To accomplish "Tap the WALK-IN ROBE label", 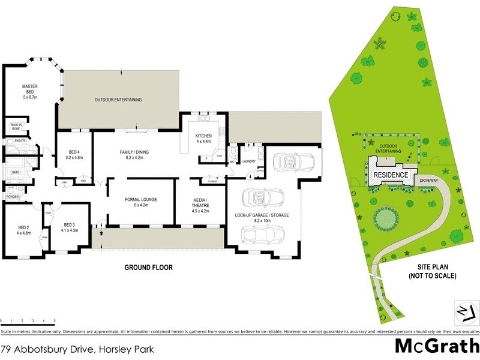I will click(16, 127).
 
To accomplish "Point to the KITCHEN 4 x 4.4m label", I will click(203, 139).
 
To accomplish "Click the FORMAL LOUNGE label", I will click(140, 202).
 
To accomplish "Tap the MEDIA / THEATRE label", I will click(200, 204).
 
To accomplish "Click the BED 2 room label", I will click(24, 230).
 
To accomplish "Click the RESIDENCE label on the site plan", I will click(391, 175).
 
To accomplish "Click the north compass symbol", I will click(465, 310).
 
